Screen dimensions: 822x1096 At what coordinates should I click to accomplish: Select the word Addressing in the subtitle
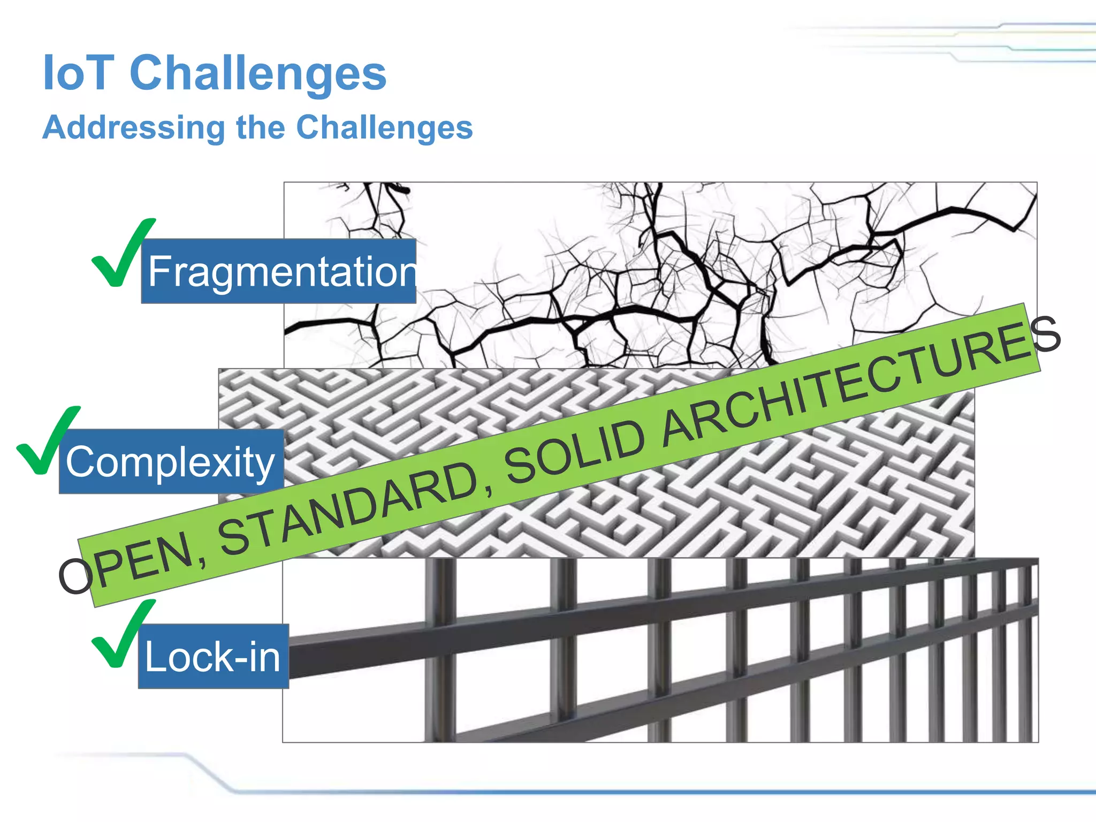pyautogui.click(x=134, y=128)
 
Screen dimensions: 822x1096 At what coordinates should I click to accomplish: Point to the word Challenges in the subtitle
pyautogui.click(x=384, y=128)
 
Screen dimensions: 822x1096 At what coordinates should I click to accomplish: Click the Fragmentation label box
pyautogui.click(x=278, y=271)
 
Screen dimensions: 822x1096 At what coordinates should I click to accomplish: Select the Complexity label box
pyautogui.click(x=171, y=461)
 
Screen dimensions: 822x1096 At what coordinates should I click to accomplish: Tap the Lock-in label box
pyautogui.click(x=213, y=657)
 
